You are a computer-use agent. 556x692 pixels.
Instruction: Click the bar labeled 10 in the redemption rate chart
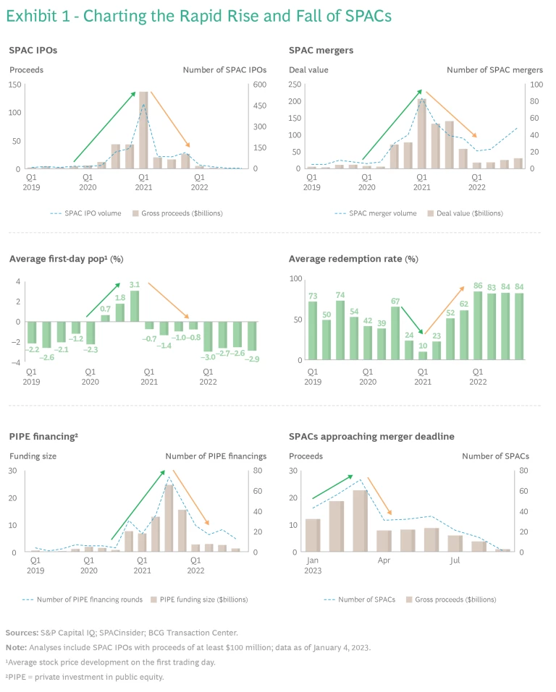[x=423, y=355]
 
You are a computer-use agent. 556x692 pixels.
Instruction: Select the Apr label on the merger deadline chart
[x=384, y=560]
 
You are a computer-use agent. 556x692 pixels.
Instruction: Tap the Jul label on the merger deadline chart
[x=455, y=560]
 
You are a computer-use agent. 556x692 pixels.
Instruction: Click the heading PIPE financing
[x=42, y=436]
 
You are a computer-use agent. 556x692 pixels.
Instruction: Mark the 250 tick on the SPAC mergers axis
[x=294, y=85]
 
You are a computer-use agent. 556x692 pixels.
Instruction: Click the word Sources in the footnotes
[x=22, y=632]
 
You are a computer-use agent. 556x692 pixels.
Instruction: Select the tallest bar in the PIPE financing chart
[x=169, y=518]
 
